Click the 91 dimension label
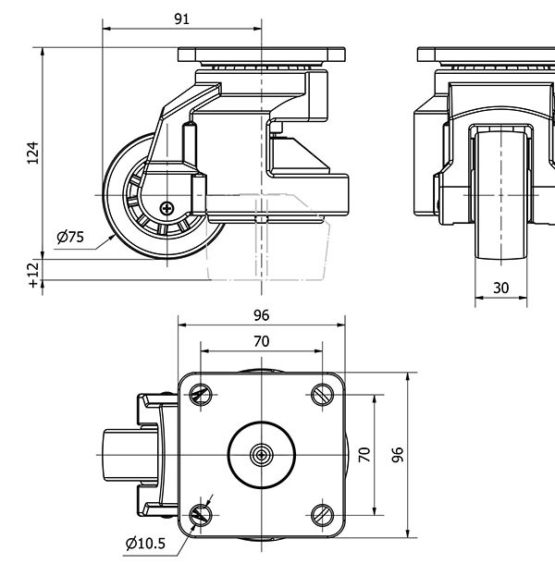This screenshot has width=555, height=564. coord(182,17)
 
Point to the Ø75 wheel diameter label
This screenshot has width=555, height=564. coord(70,237)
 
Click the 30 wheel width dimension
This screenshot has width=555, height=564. coord(500,288)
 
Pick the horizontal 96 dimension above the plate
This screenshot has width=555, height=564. coord(262,315)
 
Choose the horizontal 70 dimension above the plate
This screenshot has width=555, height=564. coord(262,341)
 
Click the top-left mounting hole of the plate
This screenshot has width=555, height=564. coord(201,395)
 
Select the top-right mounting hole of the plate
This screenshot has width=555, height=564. coord(322,395)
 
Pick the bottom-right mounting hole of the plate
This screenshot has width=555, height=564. coord(322,515)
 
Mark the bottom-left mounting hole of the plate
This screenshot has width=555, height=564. coord(201,515)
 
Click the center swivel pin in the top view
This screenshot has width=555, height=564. coord(262,455)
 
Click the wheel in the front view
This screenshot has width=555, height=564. coord(500,194)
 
